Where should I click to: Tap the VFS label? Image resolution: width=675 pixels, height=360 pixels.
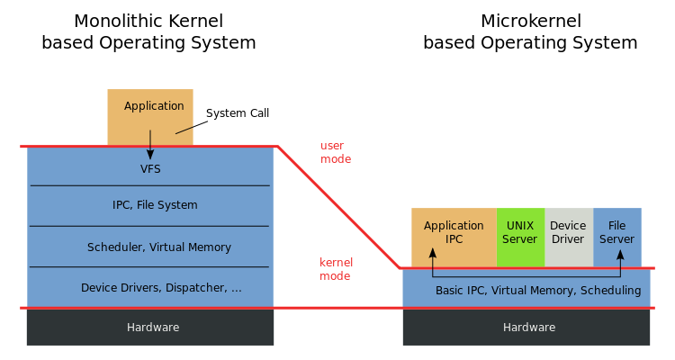pyautogui.click(x=150, y=168)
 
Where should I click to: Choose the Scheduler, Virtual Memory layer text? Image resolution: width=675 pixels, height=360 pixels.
pyautogui.click(x=159, y=247)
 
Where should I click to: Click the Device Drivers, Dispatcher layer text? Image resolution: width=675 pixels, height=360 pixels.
pyautogui.click(x=161, y=288)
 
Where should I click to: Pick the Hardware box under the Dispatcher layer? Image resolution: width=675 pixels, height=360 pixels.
pyautogui.click(x=150, y=328)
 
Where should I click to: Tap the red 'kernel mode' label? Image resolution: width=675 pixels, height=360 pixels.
pyautogui.click(x=336, y=269)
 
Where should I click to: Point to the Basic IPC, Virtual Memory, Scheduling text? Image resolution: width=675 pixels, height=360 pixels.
pyautogui.click(x=538, y=291)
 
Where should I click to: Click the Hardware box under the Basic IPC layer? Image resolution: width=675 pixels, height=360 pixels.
pyautogui.click(x=526, y=328)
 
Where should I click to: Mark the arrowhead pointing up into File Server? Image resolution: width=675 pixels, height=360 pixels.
pyautogui.click(x=619, y=255)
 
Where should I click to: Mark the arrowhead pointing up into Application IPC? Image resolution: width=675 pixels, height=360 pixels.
pyautogui.click(x=433, y=255)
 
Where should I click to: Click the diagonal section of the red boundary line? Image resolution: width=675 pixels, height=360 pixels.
pyautogui.click(x=337, y=207)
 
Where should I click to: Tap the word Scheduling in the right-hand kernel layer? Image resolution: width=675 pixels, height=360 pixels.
pyautogui.click(x=610, y=291)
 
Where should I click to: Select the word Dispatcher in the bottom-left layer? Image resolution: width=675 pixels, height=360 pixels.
pyautogui.click(x=194, y=288)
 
